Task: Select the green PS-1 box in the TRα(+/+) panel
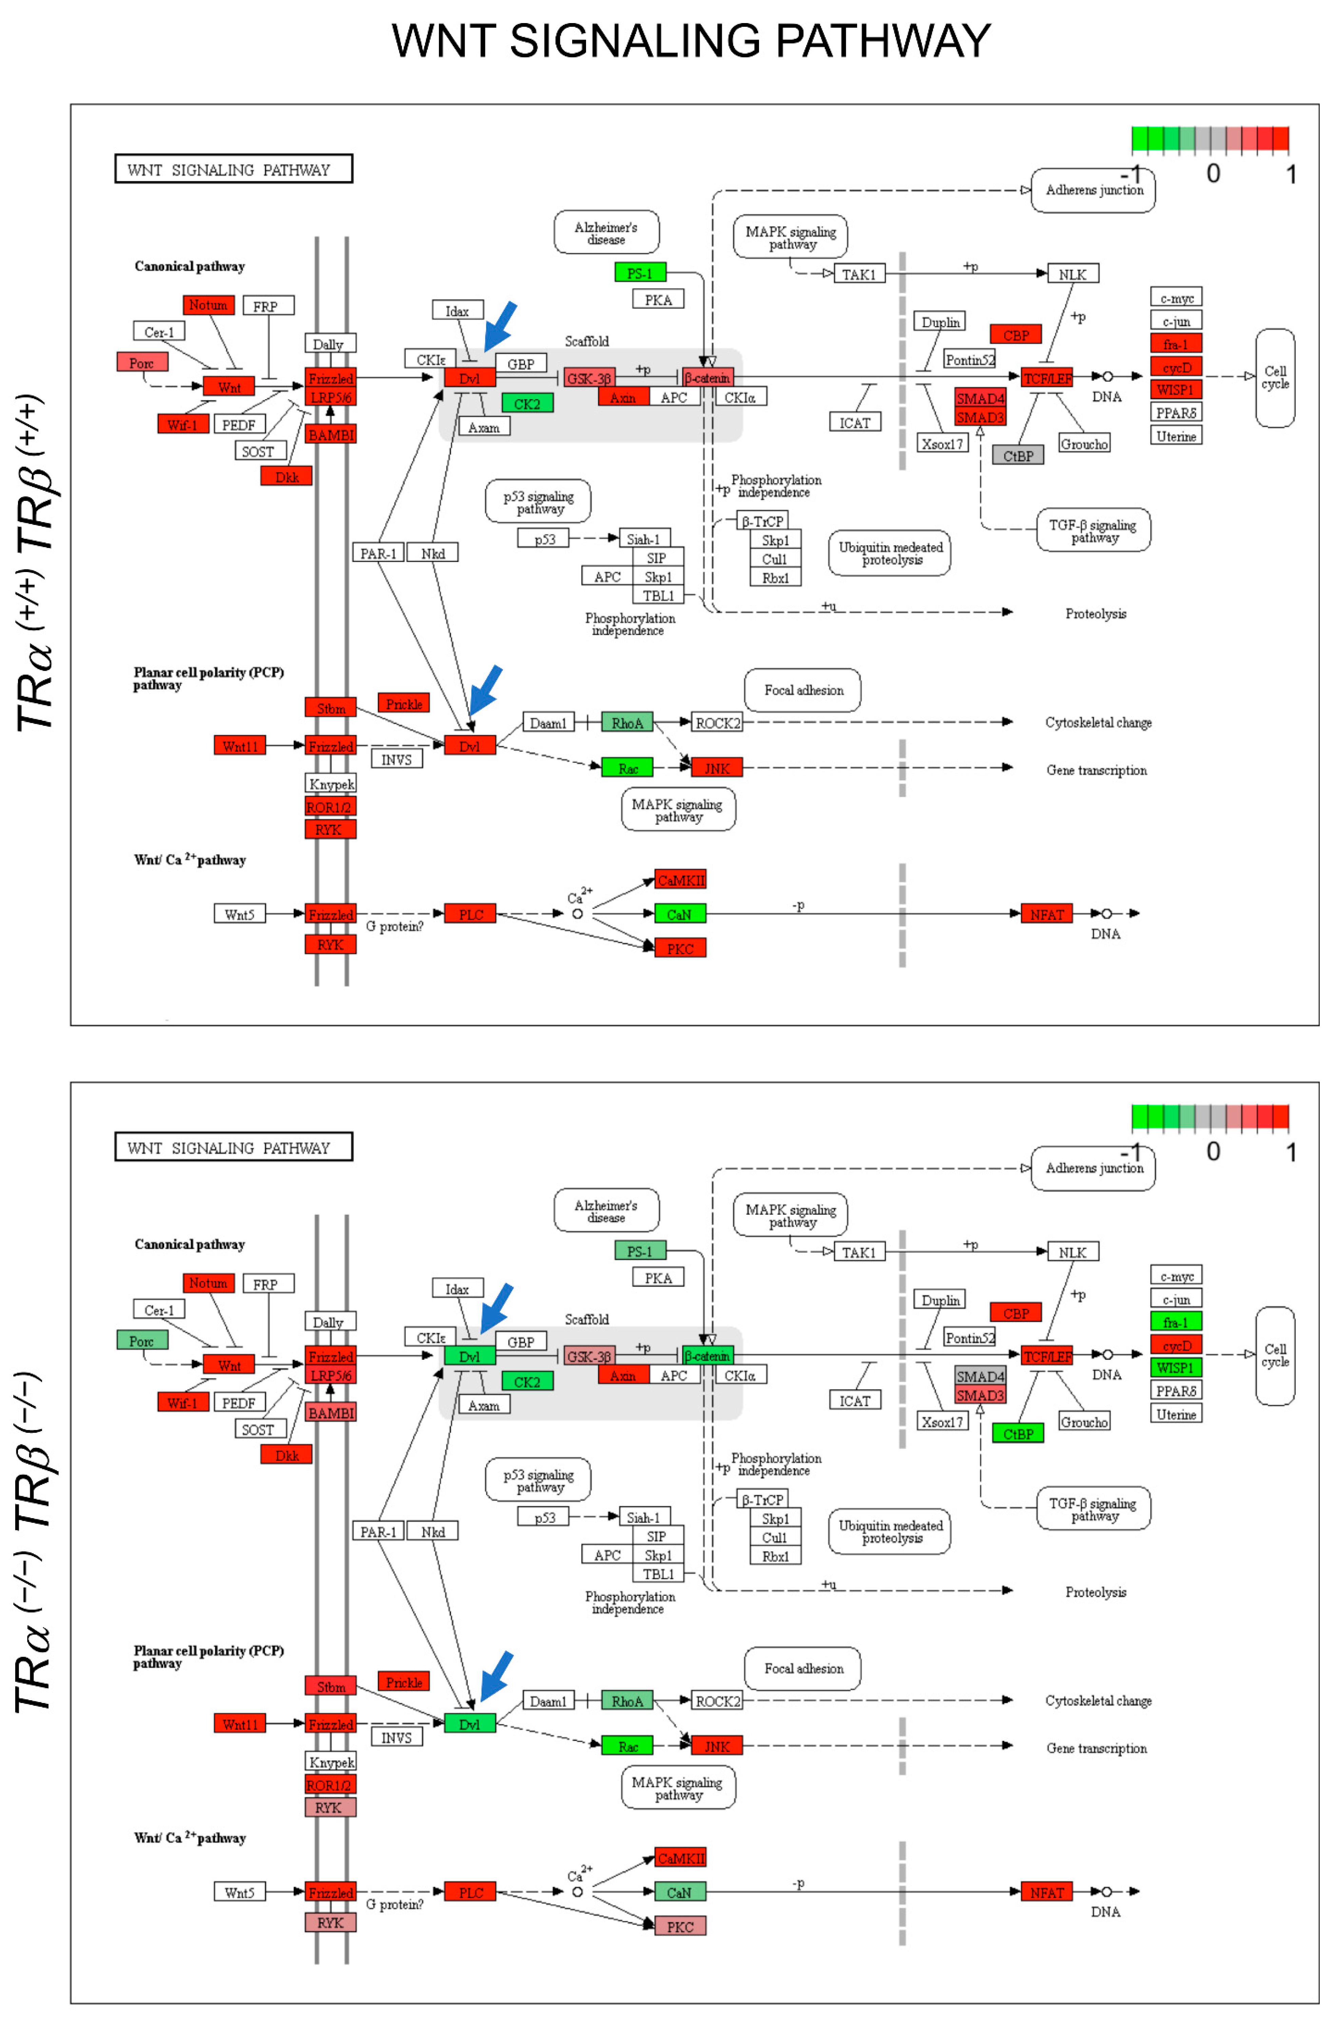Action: [x=640, y=273]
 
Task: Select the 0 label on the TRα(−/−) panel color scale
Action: [x=1213, y=1152]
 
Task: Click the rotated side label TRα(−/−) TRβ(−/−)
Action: [x=34, y=1544]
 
